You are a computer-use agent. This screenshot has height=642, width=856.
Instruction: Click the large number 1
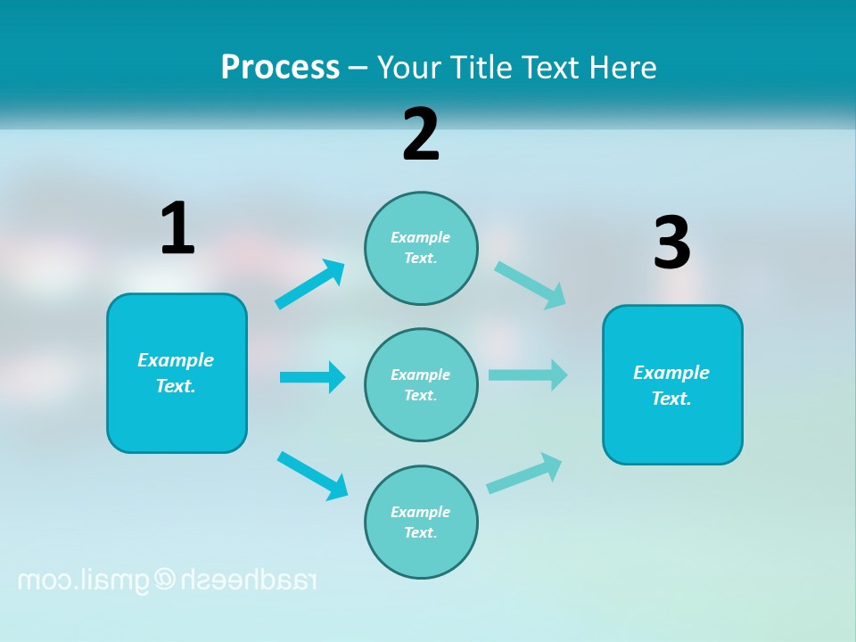(x=177, y=228)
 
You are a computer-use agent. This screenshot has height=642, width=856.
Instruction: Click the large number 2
(x=421, y=135)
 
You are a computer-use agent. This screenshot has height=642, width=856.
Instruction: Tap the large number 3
(x=671, y=243)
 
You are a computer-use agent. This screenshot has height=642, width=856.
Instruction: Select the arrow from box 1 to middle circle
(x=312, y=377)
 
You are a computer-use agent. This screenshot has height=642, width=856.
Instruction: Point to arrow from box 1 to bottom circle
(x=312, y=474)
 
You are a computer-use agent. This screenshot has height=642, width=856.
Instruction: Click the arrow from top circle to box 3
(x=531, y=285)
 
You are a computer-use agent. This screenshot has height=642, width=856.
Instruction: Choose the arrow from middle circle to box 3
(x=528, y=374)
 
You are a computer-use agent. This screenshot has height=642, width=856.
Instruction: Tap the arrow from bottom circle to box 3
(x=524, y=473)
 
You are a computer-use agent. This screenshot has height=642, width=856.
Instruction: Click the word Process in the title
(x=280, y=67)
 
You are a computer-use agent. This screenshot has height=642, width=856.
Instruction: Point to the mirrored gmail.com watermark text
(x=168, y=580)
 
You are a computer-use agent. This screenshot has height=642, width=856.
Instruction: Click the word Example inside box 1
(x=176, y=360)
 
